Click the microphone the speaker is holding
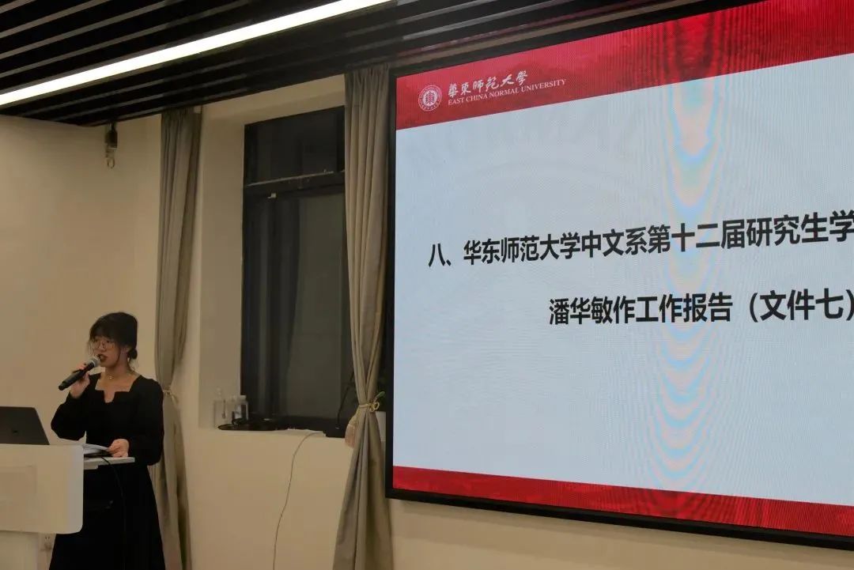(x=79, y=373)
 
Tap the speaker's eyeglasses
(x=102, y=344)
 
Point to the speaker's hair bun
(x=132, y=353)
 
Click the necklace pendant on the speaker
(x=111, y=376)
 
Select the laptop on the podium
(x=22, y=426)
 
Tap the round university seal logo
(x=429, y=98)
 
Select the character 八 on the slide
(x=438, y=255)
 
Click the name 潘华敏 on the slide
(x=583, y=312)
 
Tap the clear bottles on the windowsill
(x=231, y=407)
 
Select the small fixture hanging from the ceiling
(x=111, y=144)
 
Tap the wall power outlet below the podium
(x=48, y=542)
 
